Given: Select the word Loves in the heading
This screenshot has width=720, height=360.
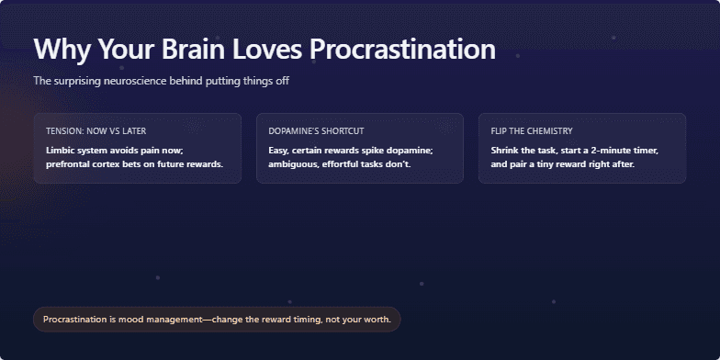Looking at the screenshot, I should coord(261,50).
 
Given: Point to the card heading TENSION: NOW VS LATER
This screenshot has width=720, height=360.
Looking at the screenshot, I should coord(96,131).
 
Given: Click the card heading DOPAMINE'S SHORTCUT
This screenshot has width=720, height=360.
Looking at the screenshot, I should coord(316,131).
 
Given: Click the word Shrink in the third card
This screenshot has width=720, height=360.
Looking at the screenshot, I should coord(507,150).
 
